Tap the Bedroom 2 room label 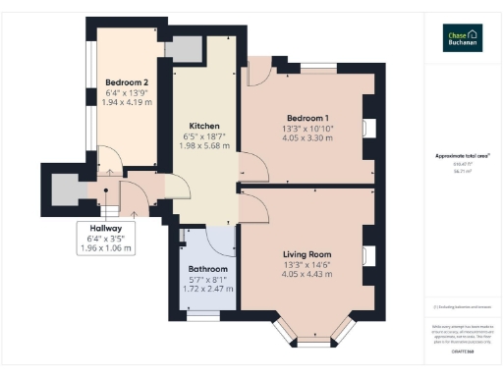click(127, 81)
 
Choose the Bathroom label click(207, 269)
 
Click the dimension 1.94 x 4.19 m click(127, 102)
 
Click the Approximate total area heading click(461, 156)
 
